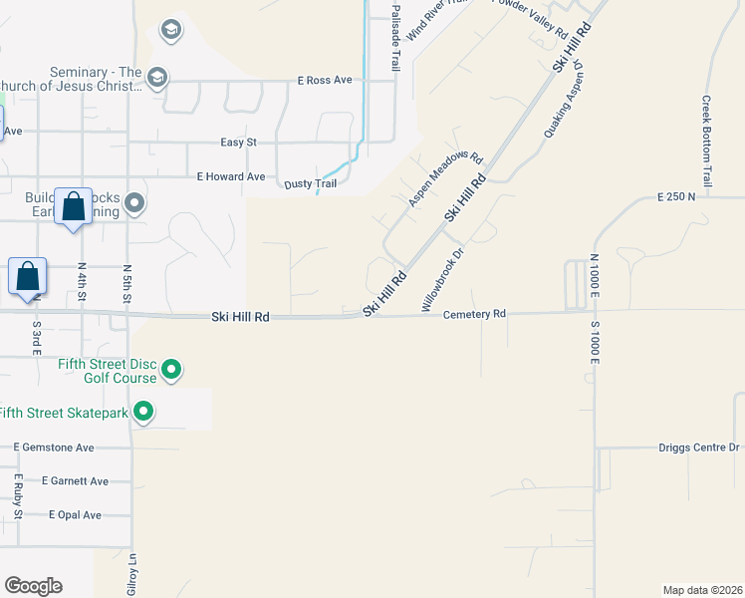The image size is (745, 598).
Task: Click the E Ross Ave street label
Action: (325, 80)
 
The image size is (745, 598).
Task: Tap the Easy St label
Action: (238, 143)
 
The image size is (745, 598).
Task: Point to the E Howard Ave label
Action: (231, 176)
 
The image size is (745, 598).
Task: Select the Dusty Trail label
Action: (311, 183)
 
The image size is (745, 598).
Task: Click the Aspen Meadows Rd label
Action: (445, 179)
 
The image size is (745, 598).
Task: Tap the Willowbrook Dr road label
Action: (443, 281)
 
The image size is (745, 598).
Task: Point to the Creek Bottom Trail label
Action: (706, 141)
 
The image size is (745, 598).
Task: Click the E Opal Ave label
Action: (75, 515)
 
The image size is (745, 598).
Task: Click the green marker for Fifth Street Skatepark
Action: (143, 411)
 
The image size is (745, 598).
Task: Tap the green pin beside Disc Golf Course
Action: (171, 370)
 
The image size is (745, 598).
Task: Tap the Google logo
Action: (33, 586)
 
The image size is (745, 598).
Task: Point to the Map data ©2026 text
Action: (702, 589)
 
